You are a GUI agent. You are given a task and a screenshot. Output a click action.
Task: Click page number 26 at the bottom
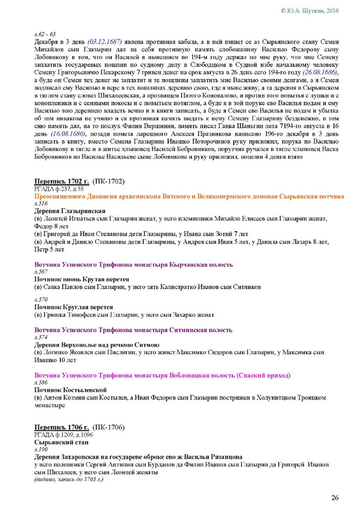[x=334, y=498]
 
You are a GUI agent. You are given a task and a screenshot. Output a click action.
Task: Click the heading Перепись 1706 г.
[x=60, y=427]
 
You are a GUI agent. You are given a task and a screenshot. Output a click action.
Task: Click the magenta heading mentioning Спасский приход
[x=162, y=375]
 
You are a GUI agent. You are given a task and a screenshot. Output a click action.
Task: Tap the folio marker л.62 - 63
[x=45, y=35]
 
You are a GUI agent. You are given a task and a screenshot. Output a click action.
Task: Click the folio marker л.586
[x=41, y=383]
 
